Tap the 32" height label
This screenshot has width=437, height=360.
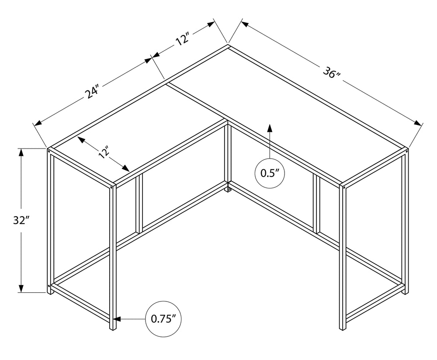click(x=21, y=220)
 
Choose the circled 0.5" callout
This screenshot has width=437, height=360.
click(x=270, y=173)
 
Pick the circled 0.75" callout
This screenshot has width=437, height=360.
click(x=163, y=319)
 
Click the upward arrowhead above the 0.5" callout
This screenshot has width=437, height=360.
click(x=270, y=128)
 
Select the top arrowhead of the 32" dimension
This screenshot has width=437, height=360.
click(x=21, y=152)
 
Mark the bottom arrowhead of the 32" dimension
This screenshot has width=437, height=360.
click(x=21, y=288)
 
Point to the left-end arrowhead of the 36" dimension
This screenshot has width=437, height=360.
click(x=245, y=24)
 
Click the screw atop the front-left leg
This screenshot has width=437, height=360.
click(x=111, y=187)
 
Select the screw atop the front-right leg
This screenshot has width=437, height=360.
click(x=343, y=187)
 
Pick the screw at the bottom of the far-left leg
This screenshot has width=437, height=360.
click(x=49, y=286)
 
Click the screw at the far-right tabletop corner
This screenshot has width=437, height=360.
click(x=406, y=151)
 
